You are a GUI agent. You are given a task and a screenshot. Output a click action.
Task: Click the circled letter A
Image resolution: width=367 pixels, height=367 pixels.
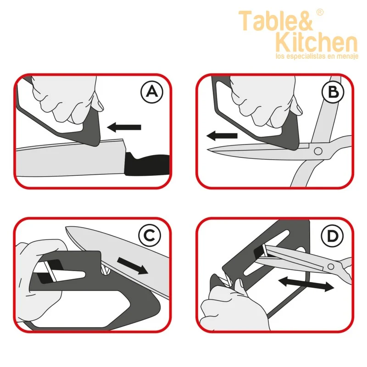152,91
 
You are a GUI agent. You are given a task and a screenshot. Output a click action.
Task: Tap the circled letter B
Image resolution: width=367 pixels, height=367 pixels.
333,91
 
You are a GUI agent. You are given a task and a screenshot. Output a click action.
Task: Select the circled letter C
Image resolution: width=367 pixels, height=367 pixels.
150,235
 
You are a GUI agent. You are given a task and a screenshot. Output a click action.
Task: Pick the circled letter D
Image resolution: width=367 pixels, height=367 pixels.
332,235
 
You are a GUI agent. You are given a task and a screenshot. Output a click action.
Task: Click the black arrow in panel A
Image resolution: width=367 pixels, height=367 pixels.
124,127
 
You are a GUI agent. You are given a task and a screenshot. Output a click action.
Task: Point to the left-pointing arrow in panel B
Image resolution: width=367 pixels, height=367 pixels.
222,136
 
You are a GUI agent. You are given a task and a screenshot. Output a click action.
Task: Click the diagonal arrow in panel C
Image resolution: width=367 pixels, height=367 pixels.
133,266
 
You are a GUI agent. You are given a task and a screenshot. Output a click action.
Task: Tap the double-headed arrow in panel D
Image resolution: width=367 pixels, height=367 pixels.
306,284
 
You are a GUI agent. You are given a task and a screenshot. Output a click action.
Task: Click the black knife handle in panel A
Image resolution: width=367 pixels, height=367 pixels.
147,164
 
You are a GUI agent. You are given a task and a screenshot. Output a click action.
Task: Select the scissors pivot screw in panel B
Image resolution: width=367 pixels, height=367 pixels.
318,151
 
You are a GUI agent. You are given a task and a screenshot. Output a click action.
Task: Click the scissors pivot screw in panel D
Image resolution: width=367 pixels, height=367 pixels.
331,267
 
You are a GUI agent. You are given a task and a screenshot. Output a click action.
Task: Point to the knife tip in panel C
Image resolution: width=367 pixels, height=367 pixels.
67,228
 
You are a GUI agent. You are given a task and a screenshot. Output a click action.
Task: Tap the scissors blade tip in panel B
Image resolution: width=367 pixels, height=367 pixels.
208,149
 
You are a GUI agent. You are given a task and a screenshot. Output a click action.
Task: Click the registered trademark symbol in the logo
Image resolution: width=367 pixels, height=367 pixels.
320,12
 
